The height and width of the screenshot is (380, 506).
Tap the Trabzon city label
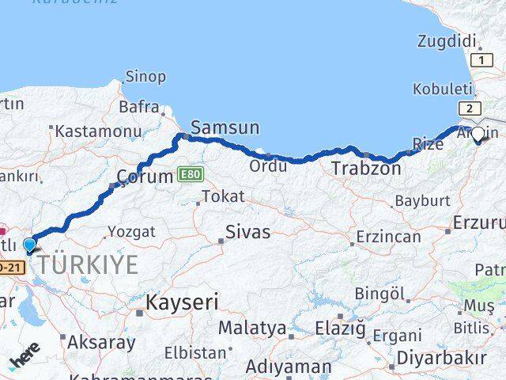click(366, 168)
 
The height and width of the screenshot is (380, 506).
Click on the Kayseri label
click(182, 302)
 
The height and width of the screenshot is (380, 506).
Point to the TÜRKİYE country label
click(88, 265)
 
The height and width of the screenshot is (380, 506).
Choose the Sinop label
click(145, 77)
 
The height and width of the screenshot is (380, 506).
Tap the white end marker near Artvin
click(477, 134)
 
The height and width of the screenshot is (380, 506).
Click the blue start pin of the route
click(30, 245)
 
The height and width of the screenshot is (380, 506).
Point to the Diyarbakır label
click(441, 358)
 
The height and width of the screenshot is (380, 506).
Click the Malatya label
click(252, 327)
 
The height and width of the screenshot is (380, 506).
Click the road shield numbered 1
click(479, 60)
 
